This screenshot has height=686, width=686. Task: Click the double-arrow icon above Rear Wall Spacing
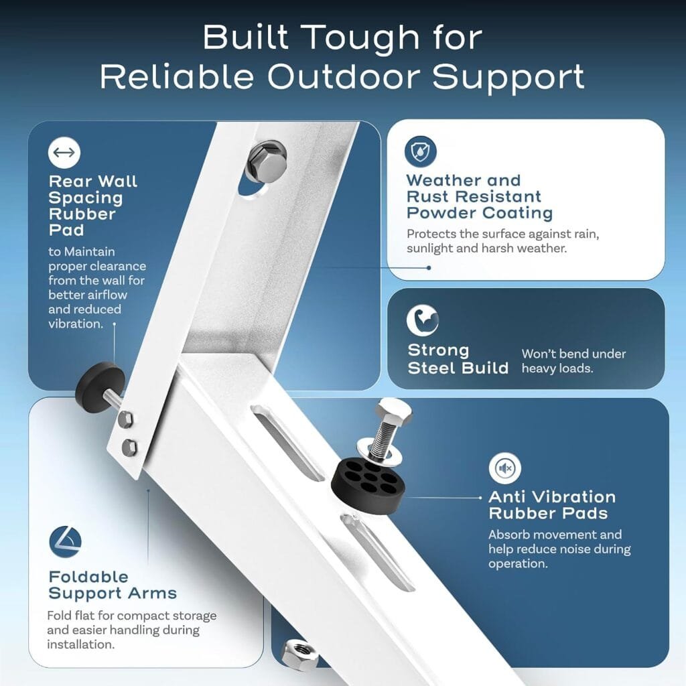coord(64,152)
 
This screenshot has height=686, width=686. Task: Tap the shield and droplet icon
coord(421,151)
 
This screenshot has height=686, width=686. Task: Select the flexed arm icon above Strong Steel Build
coord(422,320)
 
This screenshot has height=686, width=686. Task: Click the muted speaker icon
coord(505,468)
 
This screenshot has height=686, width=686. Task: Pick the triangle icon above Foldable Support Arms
coord(65,541)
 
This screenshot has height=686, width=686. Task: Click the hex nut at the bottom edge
coord(299,655)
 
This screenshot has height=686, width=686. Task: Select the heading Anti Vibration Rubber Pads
coord(552,505)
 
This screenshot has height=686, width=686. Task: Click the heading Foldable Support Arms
coord(113,585)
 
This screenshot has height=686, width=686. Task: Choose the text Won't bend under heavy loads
coord(573,361)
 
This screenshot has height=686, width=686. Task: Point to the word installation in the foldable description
coord(81,644)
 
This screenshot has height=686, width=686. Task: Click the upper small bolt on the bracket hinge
coord(126,419)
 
